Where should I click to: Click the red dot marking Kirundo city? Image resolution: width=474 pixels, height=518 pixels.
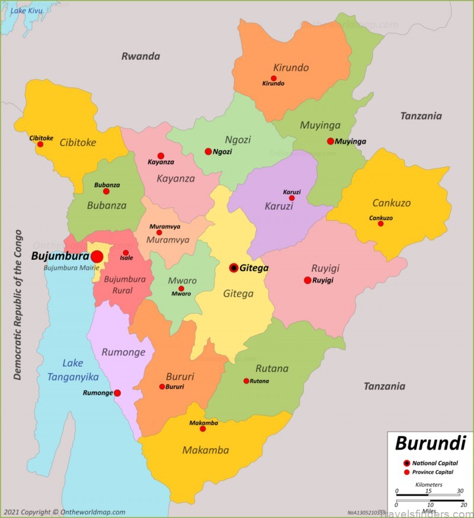[x=273, y=78]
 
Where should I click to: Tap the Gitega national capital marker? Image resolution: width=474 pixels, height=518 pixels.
[x=234, y=268]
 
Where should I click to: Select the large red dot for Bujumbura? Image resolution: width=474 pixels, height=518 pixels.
[x=97, y=256]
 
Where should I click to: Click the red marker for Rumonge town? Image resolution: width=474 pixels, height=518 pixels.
[x=117, y=393]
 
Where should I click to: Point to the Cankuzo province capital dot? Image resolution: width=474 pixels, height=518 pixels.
[x=380, y=224]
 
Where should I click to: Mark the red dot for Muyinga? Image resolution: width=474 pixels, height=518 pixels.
[x=331, y=141]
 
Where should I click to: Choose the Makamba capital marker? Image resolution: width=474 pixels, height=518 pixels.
[x=203, y=429]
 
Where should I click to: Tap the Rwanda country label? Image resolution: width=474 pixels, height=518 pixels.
[x=141, y=56]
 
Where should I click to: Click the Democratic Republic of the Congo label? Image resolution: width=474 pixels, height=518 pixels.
[x=18, y=304]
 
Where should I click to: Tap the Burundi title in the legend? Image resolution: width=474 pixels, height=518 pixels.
[x=430, y=443]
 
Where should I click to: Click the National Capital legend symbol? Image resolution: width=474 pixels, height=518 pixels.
[x=406, y=463]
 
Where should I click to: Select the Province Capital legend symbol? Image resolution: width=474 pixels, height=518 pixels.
[x=406, y=472]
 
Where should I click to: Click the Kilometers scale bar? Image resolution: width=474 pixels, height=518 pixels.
[x=429, y=491]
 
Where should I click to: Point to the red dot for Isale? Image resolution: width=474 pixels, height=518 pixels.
[x=126, y=253]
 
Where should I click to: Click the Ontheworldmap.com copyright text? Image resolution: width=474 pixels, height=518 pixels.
[x=64, y=512]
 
